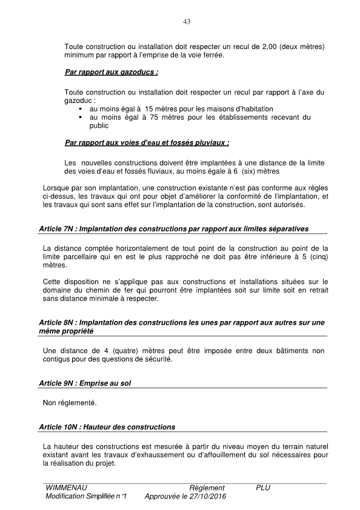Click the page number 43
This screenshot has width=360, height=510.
tap(187, 22)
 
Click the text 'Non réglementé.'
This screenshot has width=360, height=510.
tap(70, 402)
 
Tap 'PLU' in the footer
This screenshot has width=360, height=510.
tap(263, 488)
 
